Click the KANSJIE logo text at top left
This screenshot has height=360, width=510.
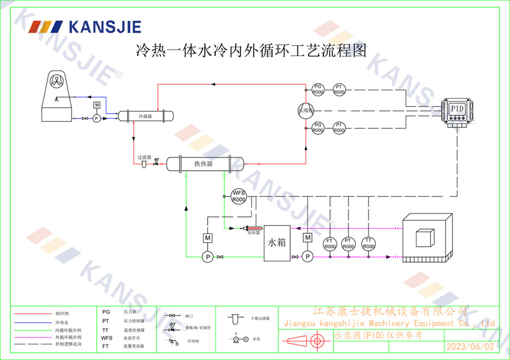(104, 27)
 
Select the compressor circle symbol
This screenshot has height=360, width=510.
(306, 110)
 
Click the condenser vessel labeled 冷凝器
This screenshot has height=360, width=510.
(146, 116)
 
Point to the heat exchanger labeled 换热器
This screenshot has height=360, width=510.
(203, 164)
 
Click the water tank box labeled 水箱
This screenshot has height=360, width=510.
(277, 243)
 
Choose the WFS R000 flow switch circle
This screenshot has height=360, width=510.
(239, 196)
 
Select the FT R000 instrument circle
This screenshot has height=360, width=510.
(330, 243)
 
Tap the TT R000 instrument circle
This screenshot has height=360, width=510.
(367, 243)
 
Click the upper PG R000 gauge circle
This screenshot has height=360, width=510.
(318, 89)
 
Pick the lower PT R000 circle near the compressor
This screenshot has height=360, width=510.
(339, 127)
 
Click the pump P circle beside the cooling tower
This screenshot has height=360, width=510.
(96, 118)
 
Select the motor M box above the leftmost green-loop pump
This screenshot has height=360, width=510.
(208, 238)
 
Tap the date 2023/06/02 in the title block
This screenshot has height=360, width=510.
(470, 347)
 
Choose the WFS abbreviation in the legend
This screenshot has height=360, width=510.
(107, 338)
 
